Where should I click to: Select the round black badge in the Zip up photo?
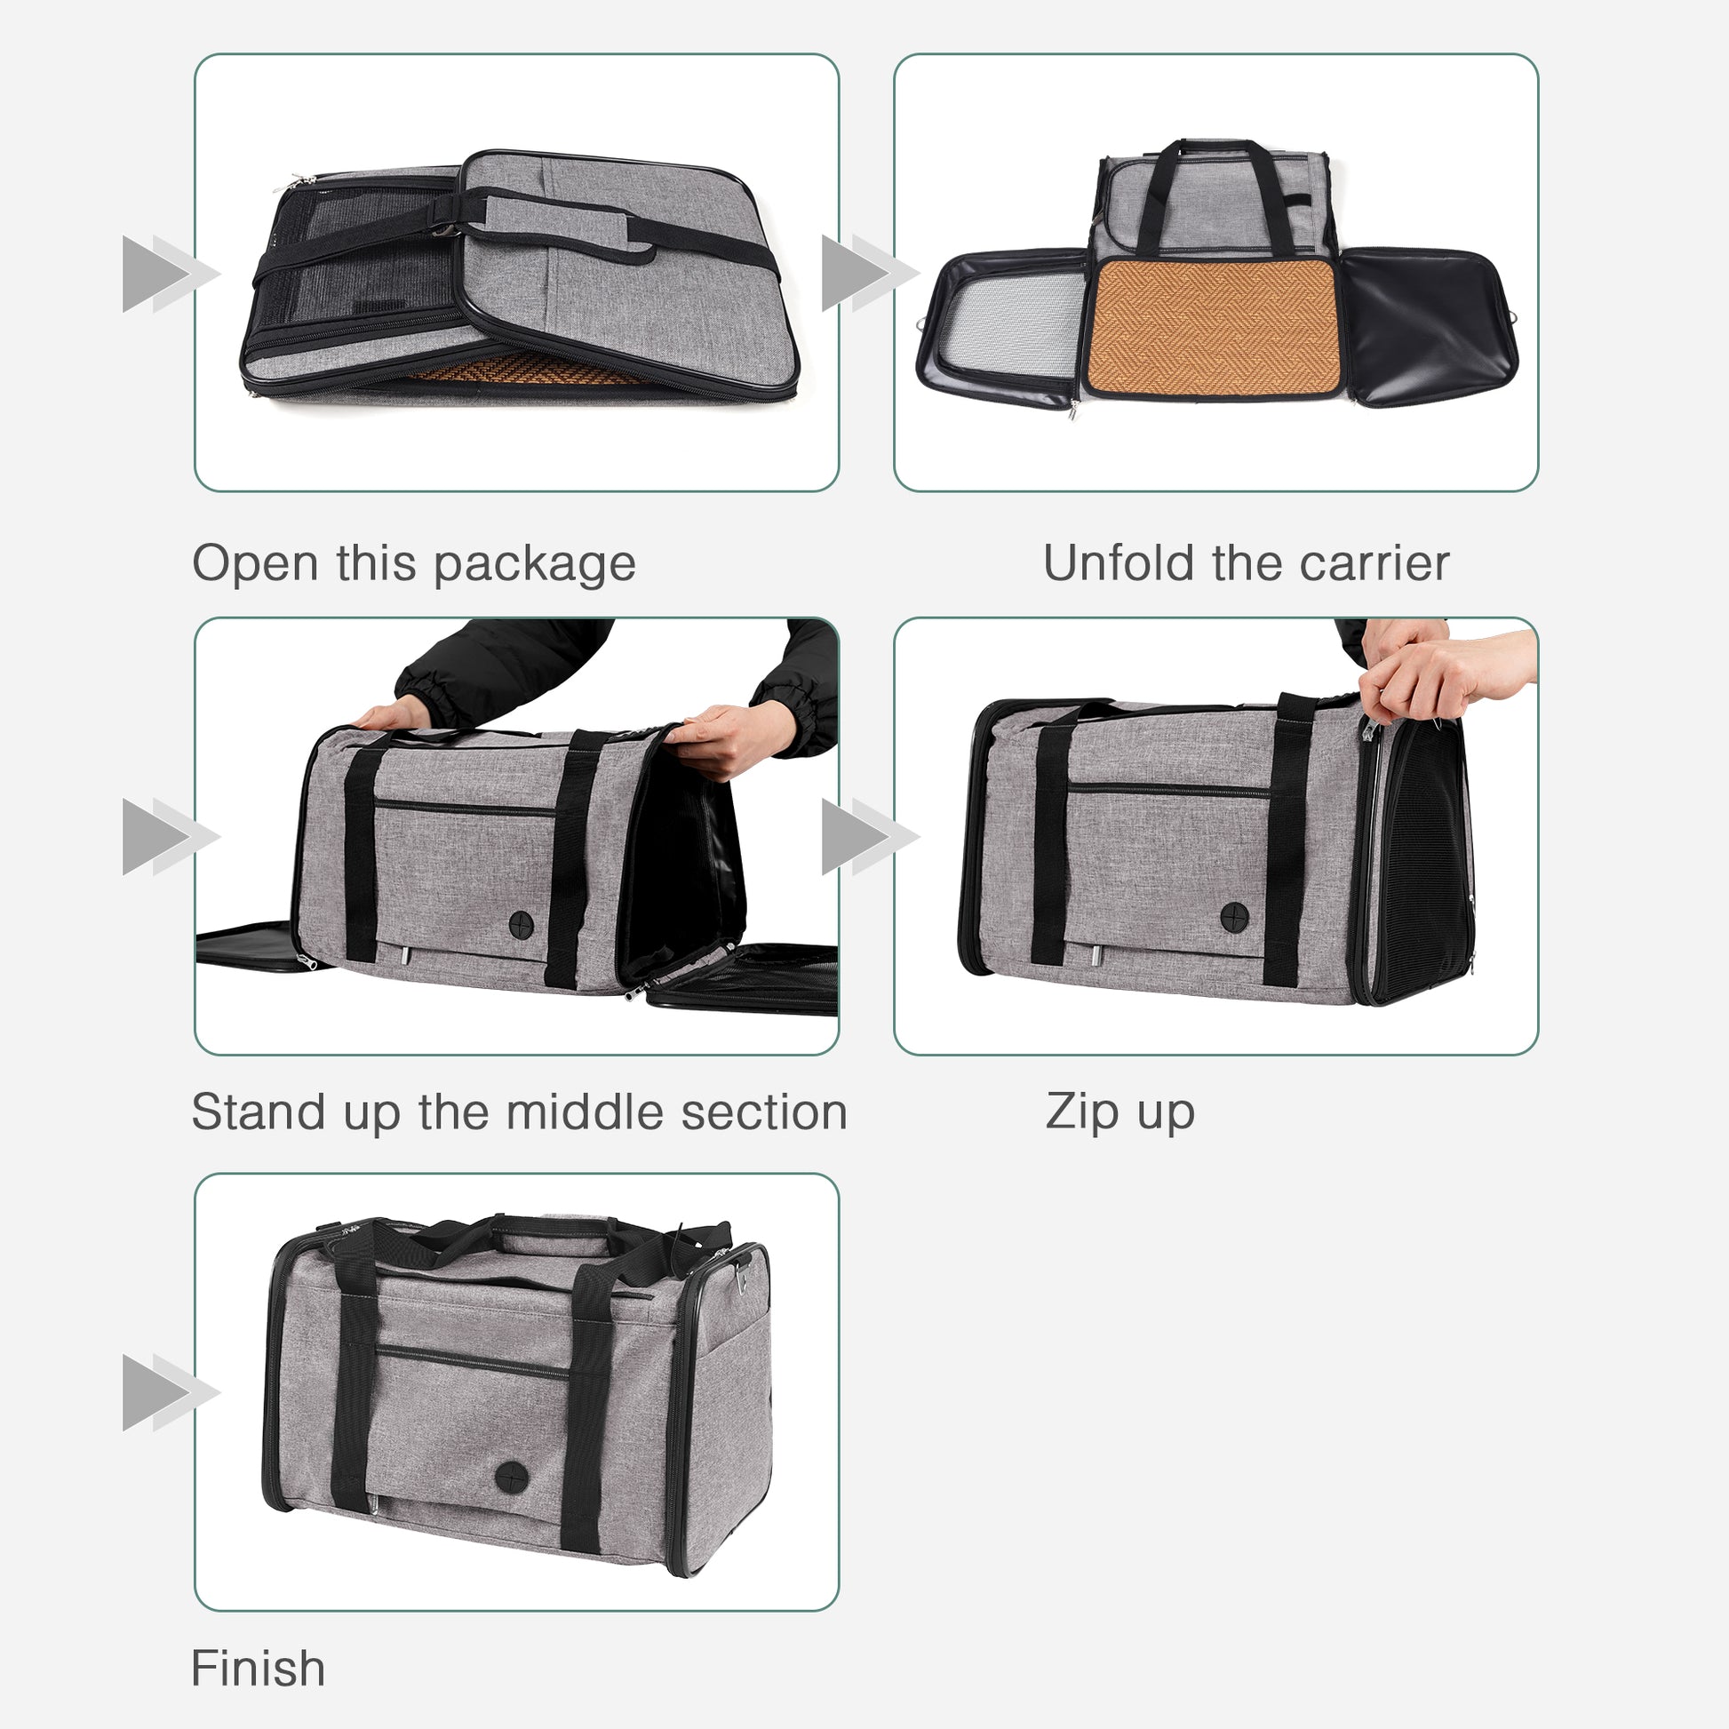click(1235, 916)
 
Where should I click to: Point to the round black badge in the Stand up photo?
click(522, 924)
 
